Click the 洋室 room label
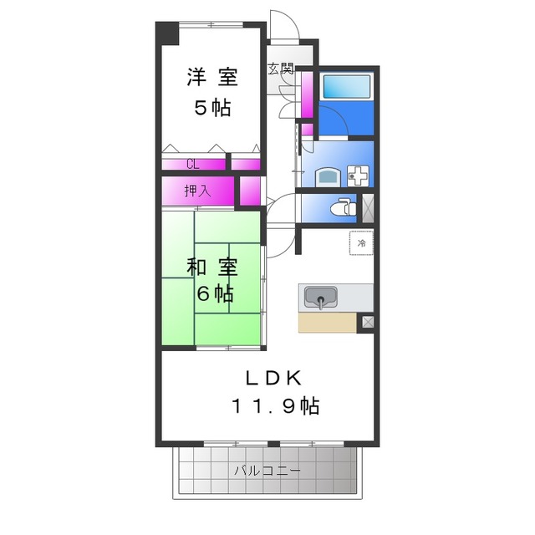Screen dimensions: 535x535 coord(211,78)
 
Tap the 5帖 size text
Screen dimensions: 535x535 coord(211,108)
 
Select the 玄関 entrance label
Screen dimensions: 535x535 coord(280,69)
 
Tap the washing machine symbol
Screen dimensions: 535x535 coord(358,176)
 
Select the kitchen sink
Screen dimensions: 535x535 coord(320,297)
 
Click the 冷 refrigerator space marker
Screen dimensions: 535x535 coord(362,242)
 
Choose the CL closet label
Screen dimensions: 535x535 coord(192,164)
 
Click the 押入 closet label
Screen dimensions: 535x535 coord(197,191)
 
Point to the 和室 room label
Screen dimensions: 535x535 coord(211,267)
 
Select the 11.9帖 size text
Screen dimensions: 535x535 coord(275,406)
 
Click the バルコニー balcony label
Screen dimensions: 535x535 coord(267,471)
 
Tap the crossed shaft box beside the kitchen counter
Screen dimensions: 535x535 coord(365,322)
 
